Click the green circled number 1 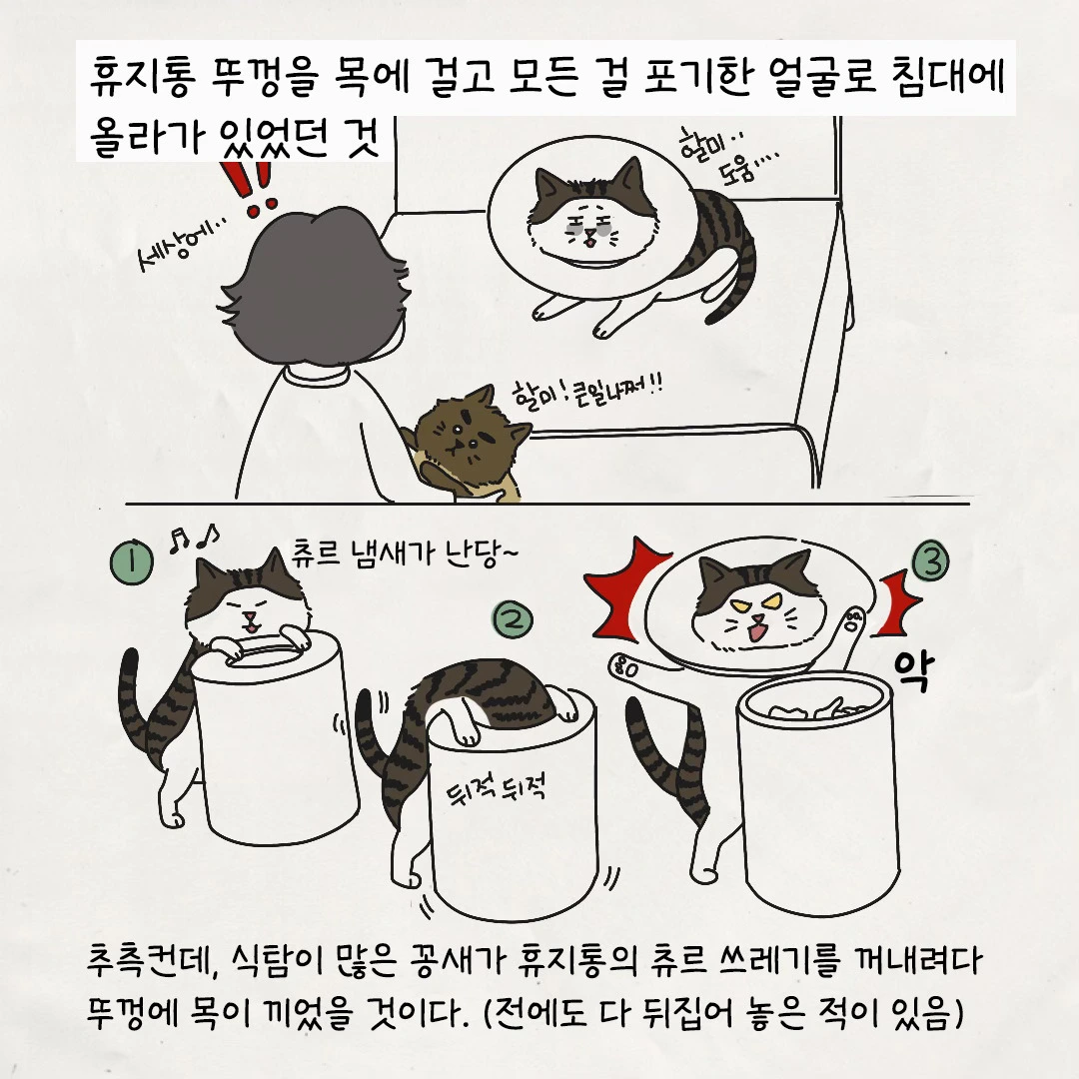131,562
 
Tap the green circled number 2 512,619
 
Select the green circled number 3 930,561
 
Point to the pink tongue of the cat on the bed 589,242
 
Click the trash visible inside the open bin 816,708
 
